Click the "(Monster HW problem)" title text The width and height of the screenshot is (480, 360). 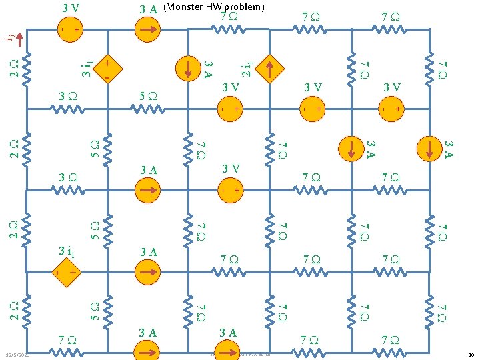coord(214,7)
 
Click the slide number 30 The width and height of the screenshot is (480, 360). coord(471,355)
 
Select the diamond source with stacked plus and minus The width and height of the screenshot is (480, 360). coord(107,69)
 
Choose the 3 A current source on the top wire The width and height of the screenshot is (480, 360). coord(148,30)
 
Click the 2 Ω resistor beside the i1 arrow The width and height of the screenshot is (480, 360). coord(27,68)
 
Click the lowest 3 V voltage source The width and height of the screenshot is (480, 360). coord(229,191)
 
